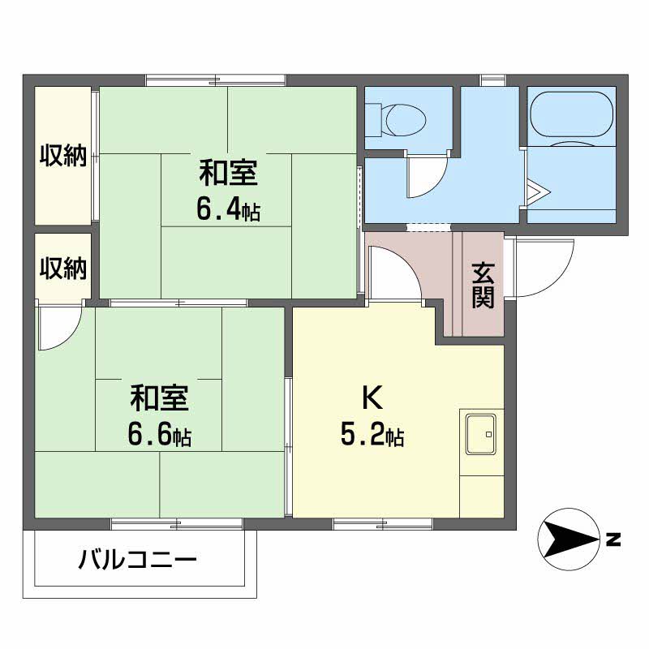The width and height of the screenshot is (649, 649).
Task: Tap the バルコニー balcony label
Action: point(138,560)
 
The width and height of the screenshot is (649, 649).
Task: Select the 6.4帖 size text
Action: point(228,210)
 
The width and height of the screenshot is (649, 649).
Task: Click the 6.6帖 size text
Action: point(159,436)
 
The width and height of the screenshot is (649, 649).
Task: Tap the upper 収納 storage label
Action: point(63,155)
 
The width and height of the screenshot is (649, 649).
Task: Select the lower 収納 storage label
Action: point(63,268)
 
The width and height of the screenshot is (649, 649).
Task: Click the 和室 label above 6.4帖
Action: point(228,174)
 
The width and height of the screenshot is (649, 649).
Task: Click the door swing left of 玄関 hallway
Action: point(393,272)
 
